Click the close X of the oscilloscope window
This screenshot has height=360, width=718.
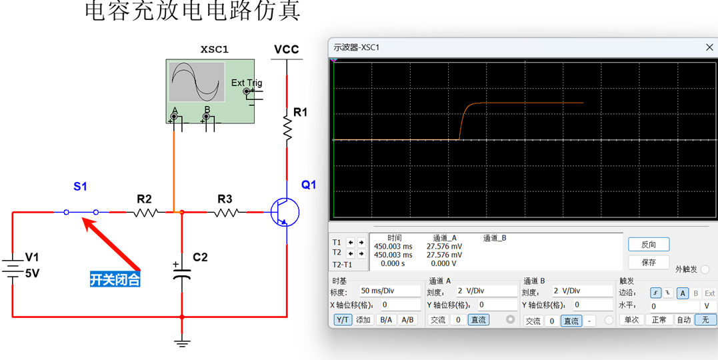(709, 47)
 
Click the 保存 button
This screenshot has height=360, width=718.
(648, 262)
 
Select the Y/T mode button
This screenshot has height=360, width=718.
(343, 320)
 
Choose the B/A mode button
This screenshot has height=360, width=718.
(385, 320)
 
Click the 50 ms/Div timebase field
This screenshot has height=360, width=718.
(389, 291)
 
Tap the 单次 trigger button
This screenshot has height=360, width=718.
(631, 320)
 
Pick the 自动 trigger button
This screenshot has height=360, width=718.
(683, 320)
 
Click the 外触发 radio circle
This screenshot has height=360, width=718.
(705, 269)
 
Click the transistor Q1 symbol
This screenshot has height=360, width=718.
(285, 212)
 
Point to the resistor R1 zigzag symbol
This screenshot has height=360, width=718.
(287, 127)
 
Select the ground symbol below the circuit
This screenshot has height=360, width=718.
(181, 343)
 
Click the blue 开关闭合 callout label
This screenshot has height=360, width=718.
(115, 279)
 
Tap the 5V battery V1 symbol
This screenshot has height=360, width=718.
(13, 266)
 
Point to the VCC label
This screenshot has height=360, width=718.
(287, 49)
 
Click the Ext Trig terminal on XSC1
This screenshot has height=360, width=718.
(248, 91)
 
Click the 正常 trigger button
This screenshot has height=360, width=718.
(658, 320)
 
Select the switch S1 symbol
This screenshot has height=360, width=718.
(81, 212)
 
